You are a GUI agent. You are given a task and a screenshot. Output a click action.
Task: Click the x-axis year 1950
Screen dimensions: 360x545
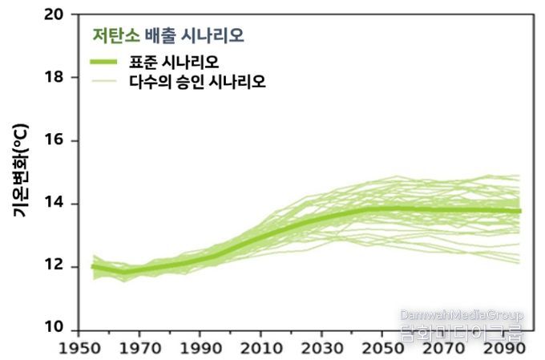(78, 350)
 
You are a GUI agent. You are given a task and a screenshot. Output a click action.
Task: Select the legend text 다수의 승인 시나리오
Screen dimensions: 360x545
(197, 82)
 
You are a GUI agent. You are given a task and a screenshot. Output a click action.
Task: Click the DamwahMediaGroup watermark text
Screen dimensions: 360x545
(461, 315)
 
